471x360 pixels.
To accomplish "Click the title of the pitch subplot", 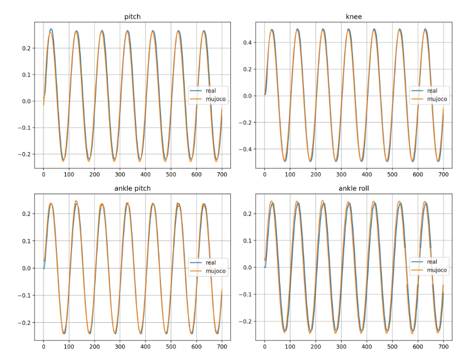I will pos(133,17).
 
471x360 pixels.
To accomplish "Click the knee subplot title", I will pos(354,17).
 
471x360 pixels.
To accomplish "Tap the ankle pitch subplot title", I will pos(133,188).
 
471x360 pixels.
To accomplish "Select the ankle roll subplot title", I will pos(354,188).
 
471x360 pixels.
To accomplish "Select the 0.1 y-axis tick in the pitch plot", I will pos(25,75).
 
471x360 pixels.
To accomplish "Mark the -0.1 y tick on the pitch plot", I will pos(23,128).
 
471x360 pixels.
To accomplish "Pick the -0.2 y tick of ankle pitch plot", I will pos(23,323).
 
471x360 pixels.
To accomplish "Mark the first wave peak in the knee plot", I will pos(272,30).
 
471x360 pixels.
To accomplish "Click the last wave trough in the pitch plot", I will pos(217,160).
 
